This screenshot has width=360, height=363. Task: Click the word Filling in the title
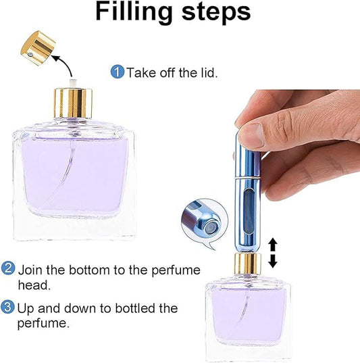134,12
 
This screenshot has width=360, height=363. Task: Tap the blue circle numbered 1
118,72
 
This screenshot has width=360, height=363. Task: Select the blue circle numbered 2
8,268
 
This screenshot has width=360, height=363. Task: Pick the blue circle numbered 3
7,307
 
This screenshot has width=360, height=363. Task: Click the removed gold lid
38,48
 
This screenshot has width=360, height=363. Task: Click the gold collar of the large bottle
73,103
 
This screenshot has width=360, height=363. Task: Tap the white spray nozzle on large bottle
73,84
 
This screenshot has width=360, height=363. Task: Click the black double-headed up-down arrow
273,253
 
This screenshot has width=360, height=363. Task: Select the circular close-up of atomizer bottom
205,222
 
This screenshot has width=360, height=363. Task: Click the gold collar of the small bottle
248,264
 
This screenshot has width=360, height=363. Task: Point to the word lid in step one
208,72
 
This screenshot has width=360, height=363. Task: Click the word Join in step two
31,270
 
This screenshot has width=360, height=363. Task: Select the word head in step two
34,285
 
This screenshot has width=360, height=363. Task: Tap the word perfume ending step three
43,323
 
